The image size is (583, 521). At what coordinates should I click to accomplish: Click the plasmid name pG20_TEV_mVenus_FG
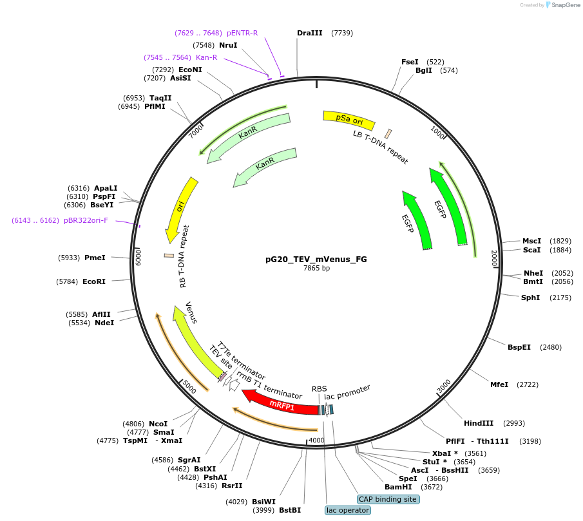point(316,260)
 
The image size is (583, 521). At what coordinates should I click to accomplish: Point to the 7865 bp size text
point(316,269)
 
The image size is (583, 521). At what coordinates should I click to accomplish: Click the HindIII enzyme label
point(478,423)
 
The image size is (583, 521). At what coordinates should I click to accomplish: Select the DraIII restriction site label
point(310,33)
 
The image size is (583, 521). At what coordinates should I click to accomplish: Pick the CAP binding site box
point(388,499)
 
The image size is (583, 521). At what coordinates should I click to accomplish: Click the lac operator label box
point(348,510)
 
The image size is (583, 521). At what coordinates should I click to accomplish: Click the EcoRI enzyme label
point(94,281)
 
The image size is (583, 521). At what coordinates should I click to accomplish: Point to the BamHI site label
point(398,487)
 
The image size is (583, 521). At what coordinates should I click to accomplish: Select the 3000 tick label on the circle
point(444,386)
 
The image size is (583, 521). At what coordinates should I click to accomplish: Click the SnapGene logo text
point(564,5)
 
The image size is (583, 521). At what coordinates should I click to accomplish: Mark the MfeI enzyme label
point(499,384)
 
